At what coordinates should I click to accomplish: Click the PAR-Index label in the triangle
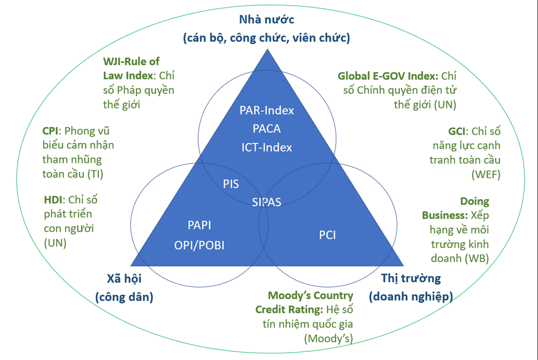point(266,110)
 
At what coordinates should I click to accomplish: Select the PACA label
point(266,128)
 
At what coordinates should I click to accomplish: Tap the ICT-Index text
point(266,147)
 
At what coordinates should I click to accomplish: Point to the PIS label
point(231,184)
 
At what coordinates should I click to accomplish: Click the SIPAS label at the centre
point(266,202)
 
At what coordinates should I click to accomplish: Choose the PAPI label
point(199,225)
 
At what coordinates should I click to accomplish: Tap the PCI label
point(327,234)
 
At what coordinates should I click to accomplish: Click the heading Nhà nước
point(266,20)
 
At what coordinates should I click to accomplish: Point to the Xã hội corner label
point(124,278)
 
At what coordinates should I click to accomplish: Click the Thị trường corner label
point(411,278)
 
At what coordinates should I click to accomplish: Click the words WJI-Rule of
point(131,61)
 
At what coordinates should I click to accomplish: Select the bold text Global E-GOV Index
point(388,76)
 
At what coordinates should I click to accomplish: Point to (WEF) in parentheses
point(486,174)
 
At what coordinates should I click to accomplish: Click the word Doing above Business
point(474,201)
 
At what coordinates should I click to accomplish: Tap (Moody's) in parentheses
point(328,338)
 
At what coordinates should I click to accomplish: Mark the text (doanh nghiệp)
point(411,296)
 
